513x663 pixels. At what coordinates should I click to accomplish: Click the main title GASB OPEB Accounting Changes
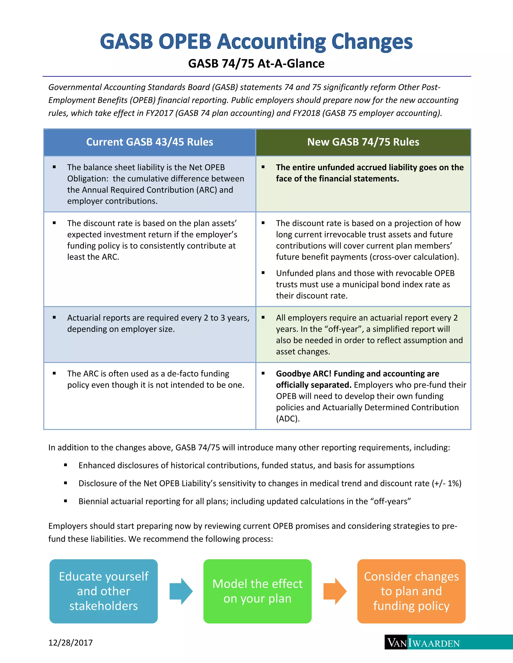click(256, 41)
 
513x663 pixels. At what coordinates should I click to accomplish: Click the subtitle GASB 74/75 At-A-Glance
click(256, 64)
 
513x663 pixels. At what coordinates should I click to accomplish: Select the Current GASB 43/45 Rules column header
click(150, 142)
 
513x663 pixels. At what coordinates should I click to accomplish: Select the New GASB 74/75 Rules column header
click(363, 142)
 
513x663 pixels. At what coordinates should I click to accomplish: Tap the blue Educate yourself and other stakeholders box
click(103, 591)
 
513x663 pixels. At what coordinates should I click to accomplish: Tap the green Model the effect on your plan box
click(258, 591)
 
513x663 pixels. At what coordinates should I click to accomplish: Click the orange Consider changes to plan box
click(411, 591)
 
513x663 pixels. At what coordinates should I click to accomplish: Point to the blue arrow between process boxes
click(181, 591)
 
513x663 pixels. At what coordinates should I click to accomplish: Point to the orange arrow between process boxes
click(335, 591)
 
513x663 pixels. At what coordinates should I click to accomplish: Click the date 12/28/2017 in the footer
click(70, 643)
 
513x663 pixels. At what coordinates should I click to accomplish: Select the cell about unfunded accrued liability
click(363, 183)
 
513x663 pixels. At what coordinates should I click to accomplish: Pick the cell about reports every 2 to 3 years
click(150, 334)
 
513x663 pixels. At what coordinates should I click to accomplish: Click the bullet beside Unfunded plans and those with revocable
click(263, 273)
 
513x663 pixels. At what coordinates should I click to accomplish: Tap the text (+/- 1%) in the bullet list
click(446, 483)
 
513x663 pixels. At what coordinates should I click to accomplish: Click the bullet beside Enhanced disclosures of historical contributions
click(65, 465)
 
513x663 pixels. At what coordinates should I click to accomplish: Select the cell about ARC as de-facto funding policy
click(150, 395)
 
